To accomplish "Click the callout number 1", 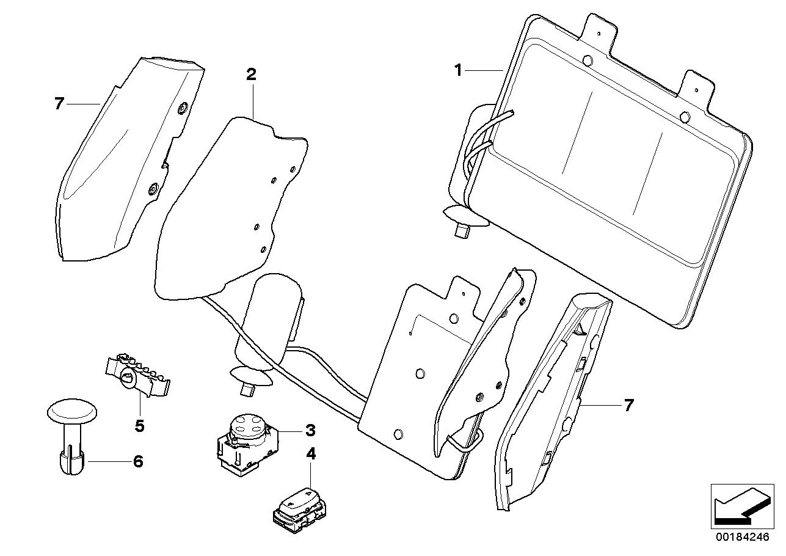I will click(458, 70).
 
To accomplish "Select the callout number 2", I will click(251, 75).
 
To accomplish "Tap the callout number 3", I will click(310, 431).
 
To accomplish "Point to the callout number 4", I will click(311, 454).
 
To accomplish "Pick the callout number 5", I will click(139, 425).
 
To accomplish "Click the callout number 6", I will click(138, 461).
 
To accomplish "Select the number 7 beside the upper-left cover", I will click(59, 104).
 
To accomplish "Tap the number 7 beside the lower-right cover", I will click(628, 404).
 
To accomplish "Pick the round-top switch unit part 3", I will click(247, 443).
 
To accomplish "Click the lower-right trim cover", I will click(550, 403).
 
